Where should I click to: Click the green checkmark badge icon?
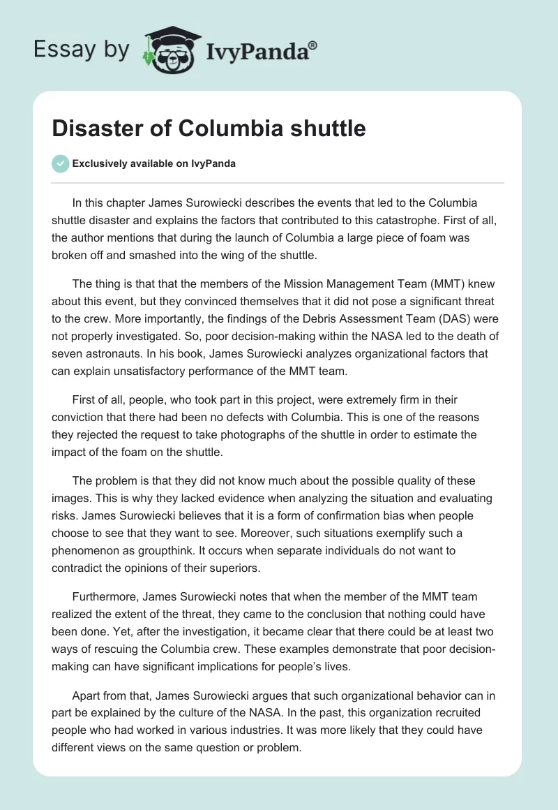60,163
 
